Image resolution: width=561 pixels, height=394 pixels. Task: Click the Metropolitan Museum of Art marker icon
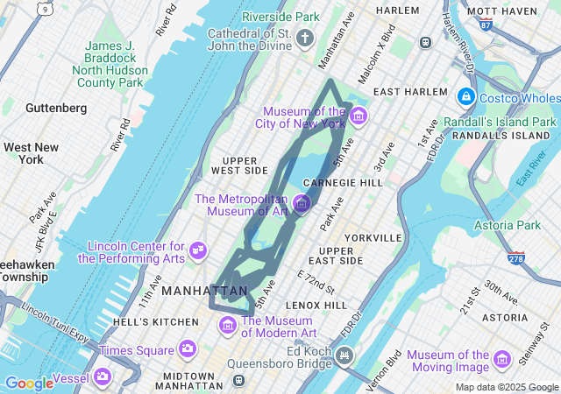(302, 204)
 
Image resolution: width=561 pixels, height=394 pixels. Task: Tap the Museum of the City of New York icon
(358, 116)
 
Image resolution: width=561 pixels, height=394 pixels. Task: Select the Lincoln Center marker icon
(197, 251)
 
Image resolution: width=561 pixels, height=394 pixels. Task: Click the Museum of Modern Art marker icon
(228, 326)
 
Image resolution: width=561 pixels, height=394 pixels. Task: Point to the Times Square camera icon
(187, 349)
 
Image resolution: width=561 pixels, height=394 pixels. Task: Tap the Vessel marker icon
(103, 376)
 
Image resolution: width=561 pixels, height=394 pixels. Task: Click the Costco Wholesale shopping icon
(465, 97)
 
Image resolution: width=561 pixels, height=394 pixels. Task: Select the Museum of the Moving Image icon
(501, 360)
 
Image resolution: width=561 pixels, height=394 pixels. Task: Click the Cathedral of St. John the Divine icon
(305, 39)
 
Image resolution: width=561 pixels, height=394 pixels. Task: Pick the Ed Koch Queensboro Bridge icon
(344, 355)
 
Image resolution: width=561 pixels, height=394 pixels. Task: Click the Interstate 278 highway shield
(515, 258)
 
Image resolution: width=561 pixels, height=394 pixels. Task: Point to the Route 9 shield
(44, 8)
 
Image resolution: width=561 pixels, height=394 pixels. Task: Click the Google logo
(29, 383)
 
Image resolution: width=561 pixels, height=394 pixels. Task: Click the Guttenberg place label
(56, 108)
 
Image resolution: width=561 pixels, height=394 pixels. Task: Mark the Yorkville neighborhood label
(373, 237)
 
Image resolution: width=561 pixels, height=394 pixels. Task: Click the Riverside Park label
(280, 17)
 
